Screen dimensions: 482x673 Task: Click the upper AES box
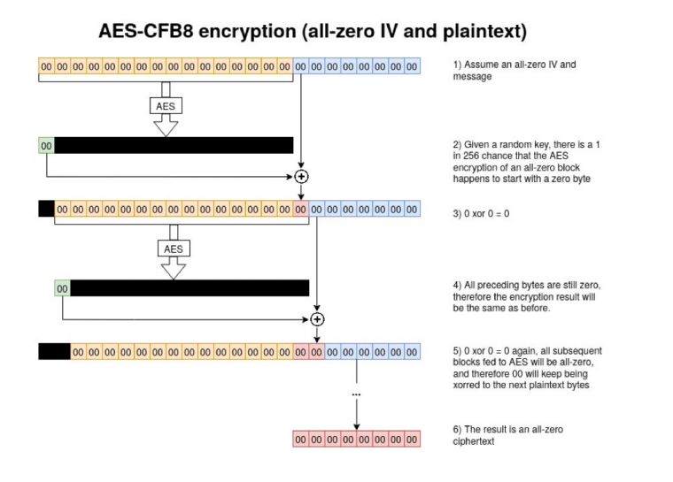pyautogui.click(x=166, y=105)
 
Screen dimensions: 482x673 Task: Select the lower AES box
pyautogui.click(x=174, y=249)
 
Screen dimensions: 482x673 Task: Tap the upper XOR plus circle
pyautogui.click(x=302, y=176)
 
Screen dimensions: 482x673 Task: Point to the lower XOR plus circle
pyautogui.click(x=318, y=318)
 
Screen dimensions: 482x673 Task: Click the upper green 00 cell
pyautogui.click(x=47, y=145)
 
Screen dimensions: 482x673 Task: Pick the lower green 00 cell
pyautogui.click(x=62, y=288)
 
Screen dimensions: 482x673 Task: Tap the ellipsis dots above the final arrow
pyautogui.click(x=356, y=394)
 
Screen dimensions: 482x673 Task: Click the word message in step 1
pyautogui.click(x=470, y=77)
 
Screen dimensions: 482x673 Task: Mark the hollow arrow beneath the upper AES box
pyautogui.click(x=166, y=126)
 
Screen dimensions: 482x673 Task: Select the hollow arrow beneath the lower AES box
pyautogui.click(x=174, y=270)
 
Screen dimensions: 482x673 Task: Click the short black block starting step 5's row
pyautogui.click(x=54, y=352)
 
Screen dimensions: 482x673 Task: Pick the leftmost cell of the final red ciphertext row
pyautogui.click(x=301, y=440)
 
